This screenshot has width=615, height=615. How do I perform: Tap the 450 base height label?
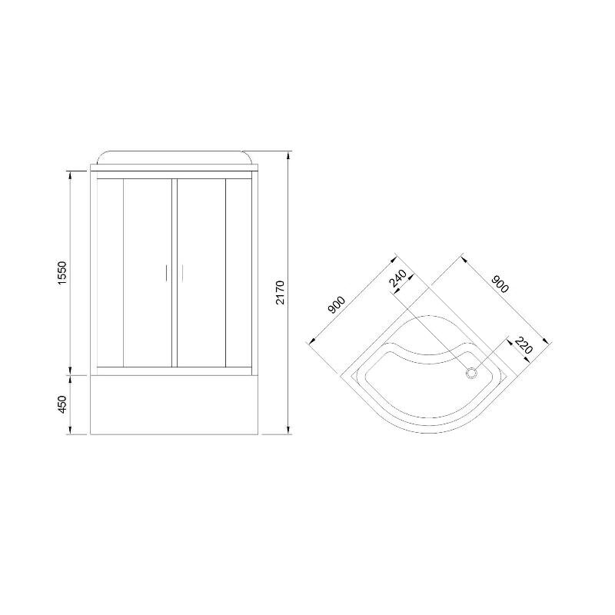[x=63, y=404]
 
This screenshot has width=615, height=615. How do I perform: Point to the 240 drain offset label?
[x=397, y=278]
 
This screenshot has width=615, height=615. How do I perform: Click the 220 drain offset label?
[x=524, y=345]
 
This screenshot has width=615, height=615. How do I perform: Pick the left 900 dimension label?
[x=337, y=304]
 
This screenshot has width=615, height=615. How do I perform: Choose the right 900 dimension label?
[x=500, y=284]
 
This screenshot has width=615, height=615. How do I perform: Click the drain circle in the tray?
[x=471, y=373]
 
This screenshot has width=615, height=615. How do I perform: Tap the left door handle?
[x=166, y=273]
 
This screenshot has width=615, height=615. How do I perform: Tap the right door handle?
[x=183, y=273]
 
